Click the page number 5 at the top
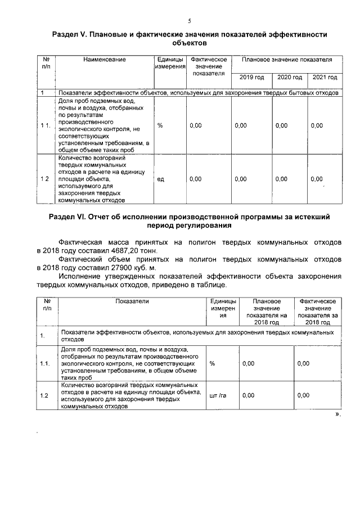pyautogui.click(x=189, y=21)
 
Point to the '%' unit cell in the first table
pyautogui.click(x=160, y=126)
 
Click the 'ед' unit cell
pyautogui.click(x=160, y=179)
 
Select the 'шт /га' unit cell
pyautogui.click(x=217, y=395)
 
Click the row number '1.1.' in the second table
pyautogui.click(x=45, y=364)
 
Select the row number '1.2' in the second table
pyautogui.click(x=44, y=395)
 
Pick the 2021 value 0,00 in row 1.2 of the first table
pyautogui.click(x=317, y=179)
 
